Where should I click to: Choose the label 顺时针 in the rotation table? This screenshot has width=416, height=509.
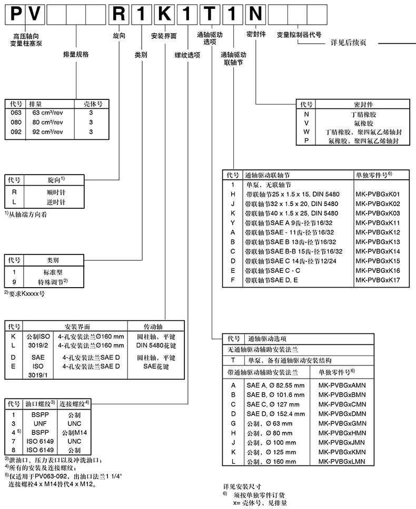point(55,191)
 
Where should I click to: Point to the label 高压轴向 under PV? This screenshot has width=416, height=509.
point(23,35)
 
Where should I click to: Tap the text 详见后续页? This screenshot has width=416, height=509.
point(348,43)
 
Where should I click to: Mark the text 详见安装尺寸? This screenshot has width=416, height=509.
point(243,486)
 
